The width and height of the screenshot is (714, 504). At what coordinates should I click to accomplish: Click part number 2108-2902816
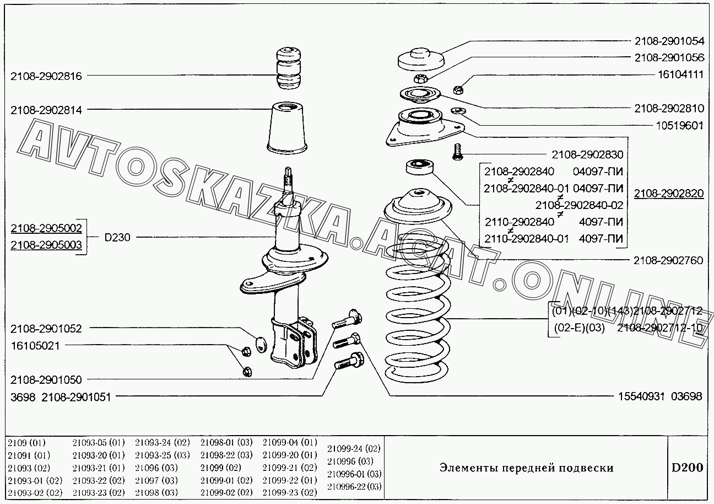[x=46, y=77]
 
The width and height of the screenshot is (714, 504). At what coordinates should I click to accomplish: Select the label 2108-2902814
[x=46, y=110]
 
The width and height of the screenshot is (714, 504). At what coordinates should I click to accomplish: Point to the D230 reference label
[x=118, y=238]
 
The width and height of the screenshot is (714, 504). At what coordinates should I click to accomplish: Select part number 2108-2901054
[x=668, y=41]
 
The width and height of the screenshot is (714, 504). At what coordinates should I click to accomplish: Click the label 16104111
[x=679, y=74]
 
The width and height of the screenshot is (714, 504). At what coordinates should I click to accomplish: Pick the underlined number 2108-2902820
[x=668, y=193]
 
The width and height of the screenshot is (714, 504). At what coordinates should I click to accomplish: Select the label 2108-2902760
[x=668, y=260]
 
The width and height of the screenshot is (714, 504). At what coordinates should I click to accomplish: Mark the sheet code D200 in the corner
[x=686, y=468]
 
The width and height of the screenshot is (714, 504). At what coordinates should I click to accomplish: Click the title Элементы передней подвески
[x=526, y=468]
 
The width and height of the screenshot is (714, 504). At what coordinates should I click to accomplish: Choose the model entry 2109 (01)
[x=27, y=443]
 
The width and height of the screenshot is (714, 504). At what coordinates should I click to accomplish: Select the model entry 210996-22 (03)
[x=354, y=486]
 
